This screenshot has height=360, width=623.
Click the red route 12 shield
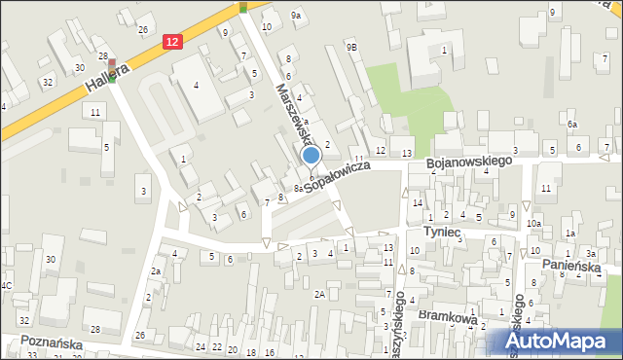pos(172,42)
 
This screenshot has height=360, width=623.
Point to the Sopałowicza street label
pos(337,176)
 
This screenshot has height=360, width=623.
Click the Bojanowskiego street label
pos(470,165)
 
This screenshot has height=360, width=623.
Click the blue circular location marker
pos(311,155)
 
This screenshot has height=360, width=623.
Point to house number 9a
pos(296,16)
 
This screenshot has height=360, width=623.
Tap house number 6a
pos(573,126)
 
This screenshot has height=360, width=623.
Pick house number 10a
pos(534,224)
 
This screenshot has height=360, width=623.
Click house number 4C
pos(6,285)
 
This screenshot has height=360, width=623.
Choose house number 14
pos(418,203)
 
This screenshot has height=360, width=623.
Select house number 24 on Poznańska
pos(201,347)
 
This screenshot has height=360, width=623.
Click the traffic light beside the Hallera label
pos(111,78)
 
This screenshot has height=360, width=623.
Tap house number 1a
pos(571,234)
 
